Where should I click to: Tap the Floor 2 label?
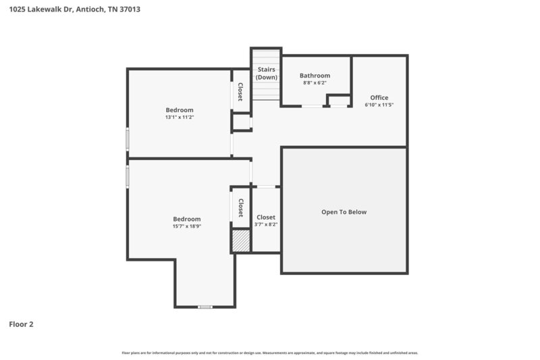click(21, 324)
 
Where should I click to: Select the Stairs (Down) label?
click(266, 74)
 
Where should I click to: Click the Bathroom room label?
click(315, 76)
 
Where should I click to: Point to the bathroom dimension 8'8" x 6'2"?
click(315, 83)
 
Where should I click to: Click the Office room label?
click(379, 97)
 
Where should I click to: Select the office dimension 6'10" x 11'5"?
click(379, 105)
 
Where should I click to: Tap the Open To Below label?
click(344, 212)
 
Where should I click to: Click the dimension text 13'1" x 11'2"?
click(180, 118)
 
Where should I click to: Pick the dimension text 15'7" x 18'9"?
click(186, 226)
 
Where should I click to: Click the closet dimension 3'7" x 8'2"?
click(265, 225)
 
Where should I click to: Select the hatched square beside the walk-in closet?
click(241, 241)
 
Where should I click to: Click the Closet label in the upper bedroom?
click(240, 91)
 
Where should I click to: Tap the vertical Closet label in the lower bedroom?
click(240, 207)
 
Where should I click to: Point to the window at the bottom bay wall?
click(205, 307)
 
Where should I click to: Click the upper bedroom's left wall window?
click(127, 139)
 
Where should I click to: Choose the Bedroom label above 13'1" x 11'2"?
click(180, 110)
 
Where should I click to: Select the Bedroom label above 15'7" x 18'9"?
click(186, 219)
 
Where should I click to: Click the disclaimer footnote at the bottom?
click(270, 353)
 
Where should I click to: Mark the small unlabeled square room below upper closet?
click(241, 122)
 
